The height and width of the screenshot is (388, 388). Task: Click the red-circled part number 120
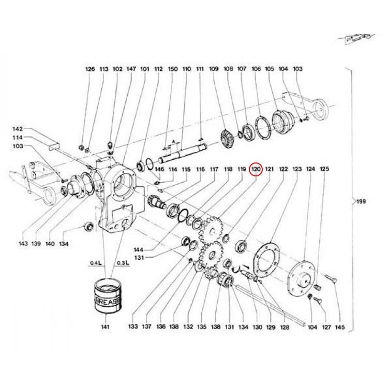coord(255,169)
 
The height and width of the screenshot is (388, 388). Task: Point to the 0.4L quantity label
coord(96,263)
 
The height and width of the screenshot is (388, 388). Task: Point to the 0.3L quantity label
coord(123,263)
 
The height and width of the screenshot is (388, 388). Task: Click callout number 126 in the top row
coord(91,69)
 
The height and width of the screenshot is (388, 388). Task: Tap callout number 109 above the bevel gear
coord(214,69)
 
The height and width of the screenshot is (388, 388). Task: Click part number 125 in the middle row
coord(324,169)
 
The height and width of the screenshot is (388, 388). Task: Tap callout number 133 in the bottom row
coord(133,327)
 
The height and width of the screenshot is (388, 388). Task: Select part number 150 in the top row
coord(173,69)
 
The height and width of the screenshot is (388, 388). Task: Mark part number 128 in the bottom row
coord(283,327)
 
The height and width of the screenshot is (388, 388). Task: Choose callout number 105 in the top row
coord(269,69)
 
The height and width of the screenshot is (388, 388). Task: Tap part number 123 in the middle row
coord(297,169)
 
